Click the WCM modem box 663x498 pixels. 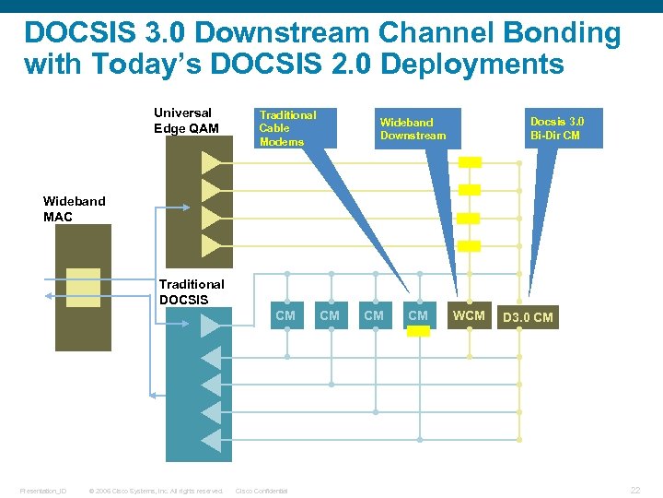pos(470,315)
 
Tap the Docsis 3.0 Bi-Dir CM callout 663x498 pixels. pos(556,128)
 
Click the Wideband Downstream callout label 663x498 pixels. pos(413,129)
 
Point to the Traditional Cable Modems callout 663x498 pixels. pos(288,128)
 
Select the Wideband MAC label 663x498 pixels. pos(75,208)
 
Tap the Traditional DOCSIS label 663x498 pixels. pos(191,291)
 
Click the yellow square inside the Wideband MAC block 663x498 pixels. pos(84,287)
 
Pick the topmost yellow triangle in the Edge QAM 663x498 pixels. pos(212,163)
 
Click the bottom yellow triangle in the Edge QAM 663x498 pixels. pos(212,245)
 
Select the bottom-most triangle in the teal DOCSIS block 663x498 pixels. pos(212,441)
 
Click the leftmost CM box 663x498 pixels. pos(285,315)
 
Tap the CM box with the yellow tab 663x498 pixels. pos(418,315)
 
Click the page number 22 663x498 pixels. pos(634,490)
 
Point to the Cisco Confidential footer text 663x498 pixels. pos(262,491)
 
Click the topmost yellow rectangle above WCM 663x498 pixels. pos(470,162)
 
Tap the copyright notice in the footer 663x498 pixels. pos(156,491)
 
